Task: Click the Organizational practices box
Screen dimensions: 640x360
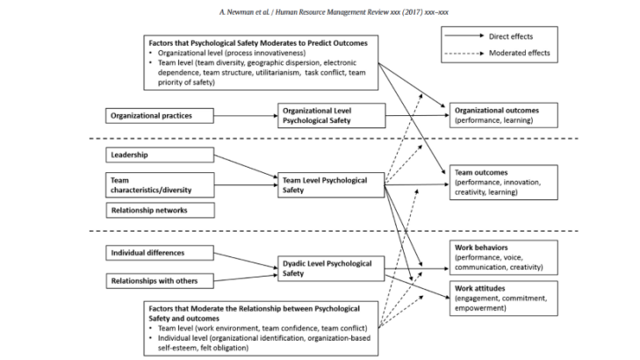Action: (x=160, y=116)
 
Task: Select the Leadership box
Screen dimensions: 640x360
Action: (x=160, y=155)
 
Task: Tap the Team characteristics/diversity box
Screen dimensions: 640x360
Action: (x=160, y=185)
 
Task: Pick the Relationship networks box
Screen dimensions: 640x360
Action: (x=160, y=210)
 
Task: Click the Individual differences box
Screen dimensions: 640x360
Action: (x=160, y=253)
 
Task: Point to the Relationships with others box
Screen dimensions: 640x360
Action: (x=160, y=281)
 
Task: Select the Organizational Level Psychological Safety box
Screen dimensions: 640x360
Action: (x=332, y=116)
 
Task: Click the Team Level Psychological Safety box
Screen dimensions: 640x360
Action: (x=331, y=185)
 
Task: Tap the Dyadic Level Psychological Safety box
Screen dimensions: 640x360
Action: (x=331, y=269)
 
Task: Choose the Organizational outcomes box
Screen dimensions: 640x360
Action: (x=504, y=115)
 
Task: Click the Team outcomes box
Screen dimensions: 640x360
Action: (x=504, y=182)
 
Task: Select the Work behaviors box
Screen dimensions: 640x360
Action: (x=504, y=257)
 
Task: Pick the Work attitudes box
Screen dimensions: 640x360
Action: (x=504, y=299)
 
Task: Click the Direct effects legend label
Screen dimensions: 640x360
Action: (x=511, y=36)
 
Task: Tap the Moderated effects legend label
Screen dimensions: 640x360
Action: (x=519, y=53)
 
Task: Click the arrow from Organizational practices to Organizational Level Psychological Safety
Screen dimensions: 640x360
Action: (x=246, y=116)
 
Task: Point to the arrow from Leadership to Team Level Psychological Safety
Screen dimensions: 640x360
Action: (x=246, y=166)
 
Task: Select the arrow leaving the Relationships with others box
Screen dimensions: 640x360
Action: (x=246, y=278)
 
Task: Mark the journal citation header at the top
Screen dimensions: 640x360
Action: (x=334, y=12)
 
